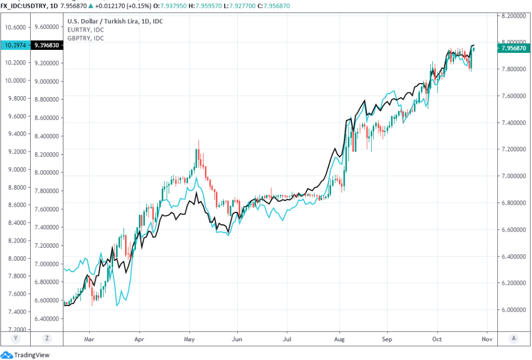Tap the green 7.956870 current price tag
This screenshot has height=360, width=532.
click(x=513, y=48)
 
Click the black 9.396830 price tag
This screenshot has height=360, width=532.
click(x=47, y=45)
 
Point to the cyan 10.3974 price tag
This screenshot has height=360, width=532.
click(x=16, y=45)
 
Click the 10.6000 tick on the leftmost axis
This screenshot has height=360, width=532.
click(x=16, y=27)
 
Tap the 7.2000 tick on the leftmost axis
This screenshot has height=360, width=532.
click(x=16, y=330)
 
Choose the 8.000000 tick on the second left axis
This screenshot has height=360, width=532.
click(x=47, y=172)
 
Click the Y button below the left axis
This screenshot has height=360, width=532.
click(x=16, y=338)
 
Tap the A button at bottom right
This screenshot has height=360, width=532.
click(x=513, y=338)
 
